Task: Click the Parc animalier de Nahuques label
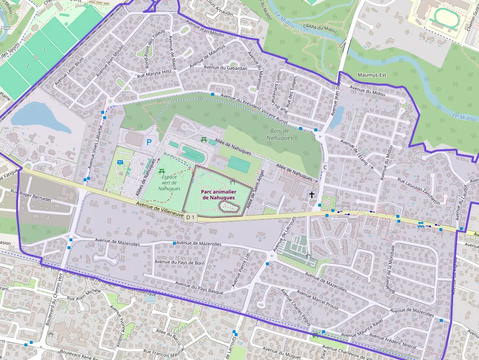[x=218, y=195]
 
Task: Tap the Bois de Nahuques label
[x=280, y=134]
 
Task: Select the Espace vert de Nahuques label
[x=169, y=183]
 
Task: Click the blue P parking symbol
[x=149, y=142]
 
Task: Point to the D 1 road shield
[x=190, y=217]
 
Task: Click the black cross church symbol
[x=311, y=195]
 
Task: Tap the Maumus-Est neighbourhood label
[x=372, y=75]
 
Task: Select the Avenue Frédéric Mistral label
[x=393, y=341]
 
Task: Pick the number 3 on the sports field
[x=44, y=50]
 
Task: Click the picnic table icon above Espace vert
[x=161, y=171]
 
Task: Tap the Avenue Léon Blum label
[x=75, y=71]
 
